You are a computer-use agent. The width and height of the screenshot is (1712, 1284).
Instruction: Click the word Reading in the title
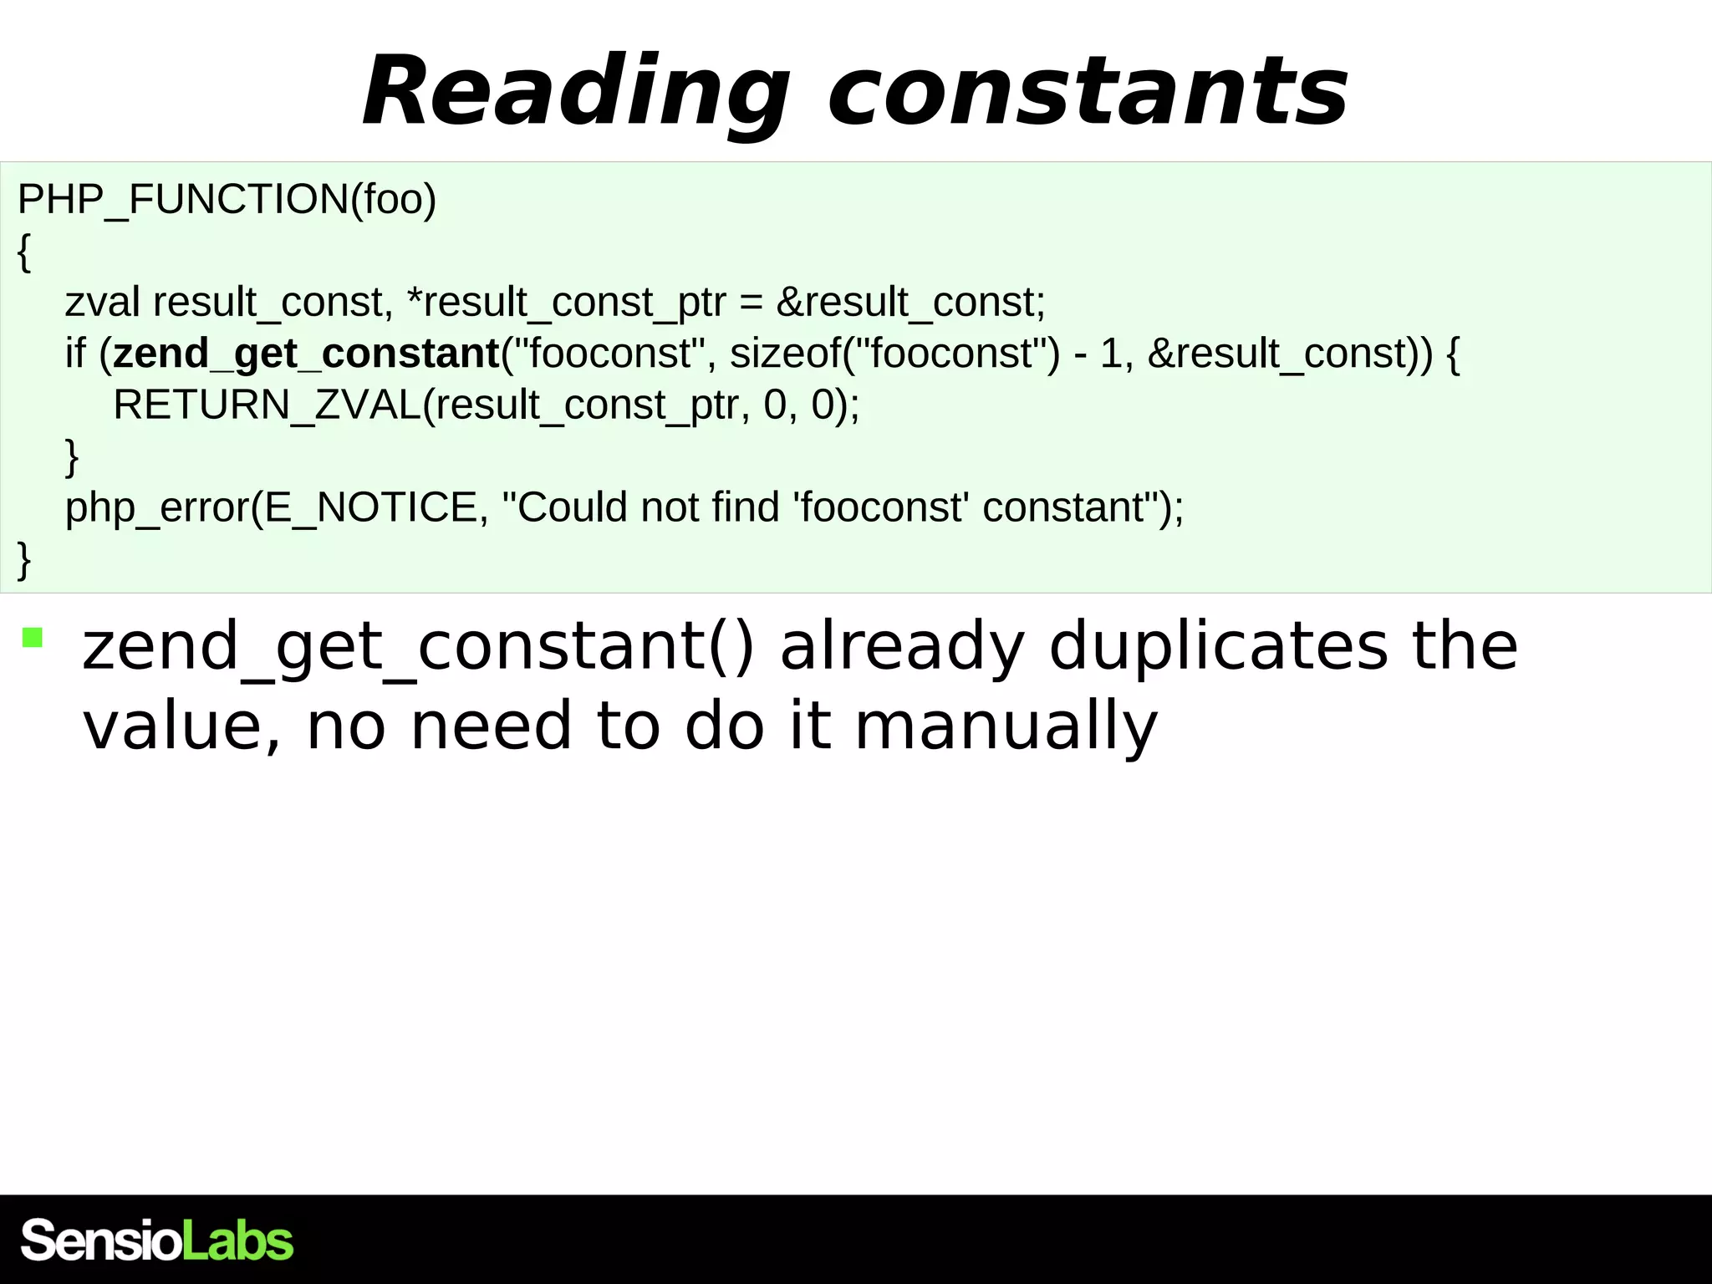click(x=575, y=92)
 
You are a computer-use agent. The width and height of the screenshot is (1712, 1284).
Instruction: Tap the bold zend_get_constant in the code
click(x=306, y=354)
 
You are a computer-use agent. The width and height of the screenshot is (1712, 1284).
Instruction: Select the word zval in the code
click(x=102, y=303)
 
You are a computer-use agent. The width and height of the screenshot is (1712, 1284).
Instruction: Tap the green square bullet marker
click(x=33, y=638)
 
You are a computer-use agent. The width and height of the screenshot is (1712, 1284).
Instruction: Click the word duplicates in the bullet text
click(x=1218, y=646)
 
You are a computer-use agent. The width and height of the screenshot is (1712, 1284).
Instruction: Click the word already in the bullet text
click(x=902, y=646)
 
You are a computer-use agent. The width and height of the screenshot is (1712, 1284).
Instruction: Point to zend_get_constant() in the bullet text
click(x=418, y=646)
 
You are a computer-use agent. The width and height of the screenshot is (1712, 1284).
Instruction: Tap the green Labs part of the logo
click(x=237, y=1241)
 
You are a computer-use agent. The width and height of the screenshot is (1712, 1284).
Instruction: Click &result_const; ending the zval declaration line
click(x=910, y=303)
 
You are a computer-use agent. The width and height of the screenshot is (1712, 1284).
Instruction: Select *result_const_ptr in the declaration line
click(x=566, y=303)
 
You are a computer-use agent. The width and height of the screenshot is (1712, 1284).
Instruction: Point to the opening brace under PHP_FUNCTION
click(x=24, y=252)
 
